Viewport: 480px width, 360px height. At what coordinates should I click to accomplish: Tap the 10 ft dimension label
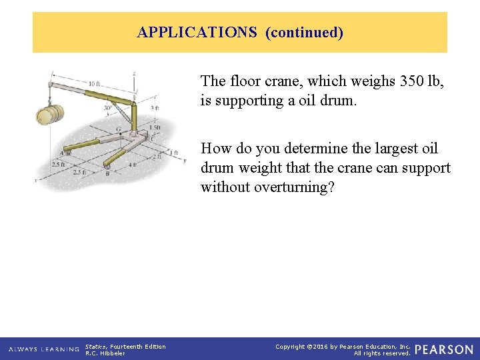point(94,83)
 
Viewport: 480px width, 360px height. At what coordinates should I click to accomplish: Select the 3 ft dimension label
point(155,108)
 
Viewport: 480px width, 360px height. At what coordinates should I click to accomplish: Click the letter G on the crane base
point(119,129)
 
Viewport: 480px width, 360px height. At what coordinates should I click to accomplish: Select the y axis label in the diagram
point(185,160)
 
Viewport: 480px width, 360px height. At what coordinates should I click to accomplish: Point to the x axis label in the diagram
point(35,180)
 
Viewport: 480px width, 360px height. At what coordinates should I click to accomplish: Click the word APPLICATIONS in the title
point(197,32)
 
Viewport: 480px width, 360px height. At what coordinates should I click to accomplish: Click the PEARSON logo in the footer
point(443,349)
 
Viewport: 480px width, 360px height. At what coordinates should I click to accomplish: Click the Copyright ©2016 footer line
point(343,347)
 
